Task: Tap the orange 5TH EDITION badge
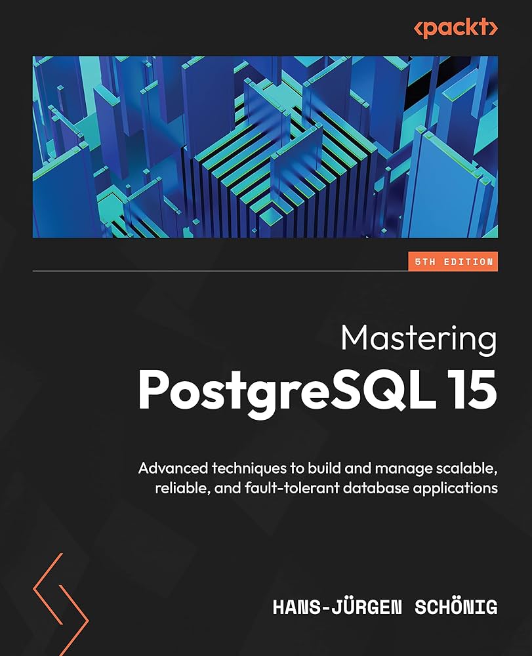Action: click(452, 262)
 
